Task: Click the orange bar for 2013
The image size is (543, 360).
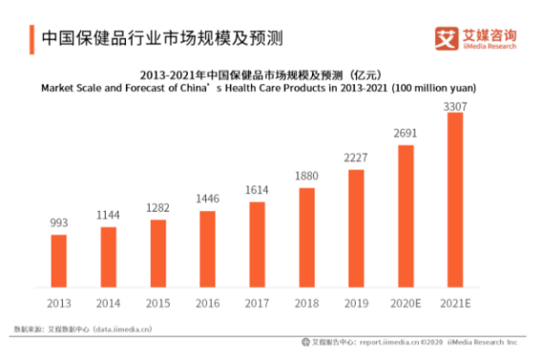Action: pyautogui.click(x=58, y=259)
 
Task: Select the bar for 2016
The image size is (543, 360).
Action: pyautogui.click(x=207, y=248)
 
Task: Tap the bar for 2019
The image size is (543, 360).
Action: pyautogui.click(x=356, y=227)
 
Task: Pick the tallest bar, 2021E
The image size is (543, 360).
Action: pyautogui.click(x=455, y=199)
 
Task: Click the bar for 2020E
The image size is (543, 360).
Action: pyautogui.click(x=406, y=215)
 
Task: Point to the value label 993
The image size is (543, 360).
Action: pyautogui.click(x=58, y=224)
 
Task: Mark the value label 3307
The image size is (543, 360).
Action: pyautogui.click(x=455, y=104)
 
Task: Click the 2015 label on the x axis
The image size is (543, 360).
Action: pyautogui.click(x=157, y=304)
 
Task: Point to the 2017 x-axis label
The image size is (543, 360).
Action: pyautogui.click(x=257, y=304)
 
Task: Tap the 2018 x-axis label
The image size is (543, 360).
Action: pyautogui.click(x=307, y=304)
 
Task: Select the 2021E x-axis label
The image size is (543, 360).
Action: pyautogui.click(x=455, y=304)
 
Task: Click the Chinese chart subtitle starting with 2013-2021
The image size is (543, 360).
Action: pyautogui.click(x=260, y=75)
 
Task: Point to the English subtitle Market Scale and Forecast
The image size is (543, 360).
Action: pyautogui.click(x=260, y=88)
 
